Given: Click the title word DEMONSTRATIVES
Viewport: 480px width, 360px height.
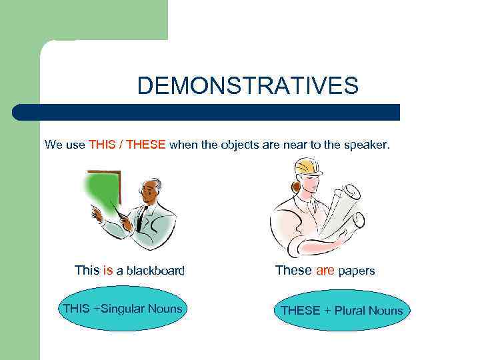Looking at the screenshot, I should [x=247, y=86].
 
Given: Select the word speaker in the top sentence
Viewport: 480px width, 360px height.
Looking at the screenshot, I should [x=365, y=144].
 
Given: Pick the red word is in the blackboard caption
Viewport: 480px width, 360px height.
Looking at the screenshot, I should [x=108, y=270].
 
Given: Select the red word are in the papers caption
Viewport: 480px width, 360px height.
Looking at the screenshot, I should [x=325, y=270].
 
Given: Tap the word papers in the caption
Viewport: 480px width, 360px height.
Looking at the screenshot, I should [x=357, y=271].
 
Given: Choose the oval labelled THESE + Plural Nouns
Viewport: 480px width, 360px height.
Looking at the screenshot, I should [x=341, y=311].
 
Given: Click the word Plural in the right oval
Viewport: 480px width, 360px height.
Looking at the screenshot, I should [x=353, y=311].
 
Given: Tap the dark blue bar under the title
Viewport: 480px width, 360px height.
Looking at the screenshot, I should [x=207, y=112].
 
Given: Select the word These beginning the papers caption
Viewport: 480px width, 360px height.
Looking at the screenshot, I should [x=293, y=270].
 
